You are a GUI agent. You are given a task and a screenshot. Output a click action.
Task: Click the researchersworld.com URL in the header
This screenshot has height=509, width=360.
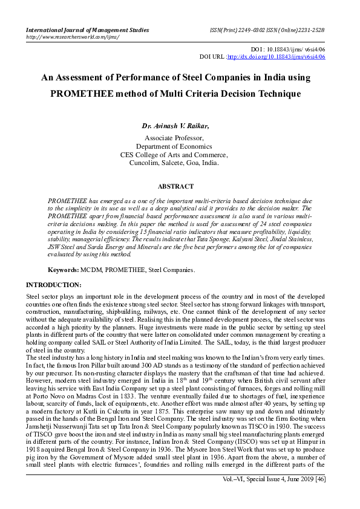click(72, 37)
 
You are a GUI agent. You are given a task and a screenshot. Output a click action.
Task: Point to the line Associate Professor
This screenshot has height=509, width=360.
click(174, 138)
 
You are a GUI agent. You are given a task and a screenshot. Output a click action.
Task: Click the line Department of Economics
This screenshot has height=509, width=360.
click(174, 146)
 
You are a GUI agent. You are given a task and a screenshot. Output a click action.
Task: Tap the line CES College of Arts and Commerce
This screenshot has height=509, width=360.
click(174, 155)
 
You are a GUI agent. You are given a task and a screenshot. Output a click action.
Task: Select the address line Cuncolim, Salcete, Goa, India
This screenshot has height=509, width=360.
click(174, 163)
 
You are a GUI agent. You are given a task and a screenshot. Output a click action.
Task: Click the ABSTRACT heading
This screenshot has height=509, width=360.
click(175, 187)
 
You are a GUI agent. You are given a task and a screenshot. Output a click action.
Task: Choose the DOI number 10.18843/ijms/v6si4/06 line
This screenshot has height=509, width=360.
click(287, 49)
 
